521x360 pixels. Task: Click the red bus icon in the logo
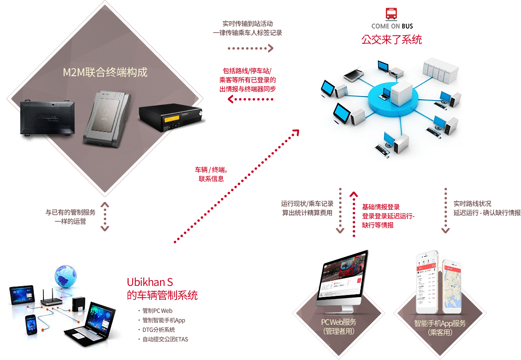pyautogui.click(x=392, y=14)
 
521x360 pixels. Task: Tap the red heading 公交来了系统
pyautogui.click(x=391, y=40)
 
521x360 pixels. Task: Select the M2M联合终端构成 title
pyautogui.click(x=105, y=72)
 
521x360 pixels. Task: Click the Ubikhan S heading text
pyautogui.click(x=150, y=282)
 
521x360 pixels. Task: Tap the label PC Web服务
pyautogui.click(x=339, y=322)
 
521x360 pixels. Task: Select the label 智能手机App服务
pyautogui.click(x=440, y=323)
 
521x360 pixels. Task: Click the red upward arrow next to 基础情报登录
pyautogui.click(x=354, y=213)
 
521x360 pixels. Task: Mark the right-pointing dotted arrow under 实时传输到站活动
pyautogui.click(x=251, y=48)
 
